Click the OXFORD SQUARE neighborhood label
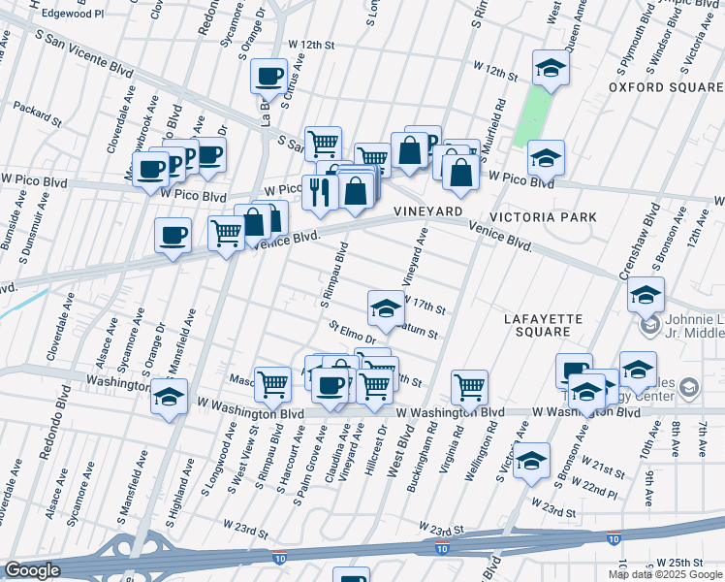(x=665, y=87)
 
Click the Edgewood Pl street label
(x=72, y=16)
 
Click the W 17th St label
(x=426, y=307)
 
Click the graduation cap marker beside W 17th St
(x=385, y=307)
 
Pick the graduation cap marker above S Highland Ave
(x=170, y=396)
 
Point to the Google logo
(x=32, y=570)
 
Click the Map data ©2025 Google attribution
(x=665, y=574)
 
